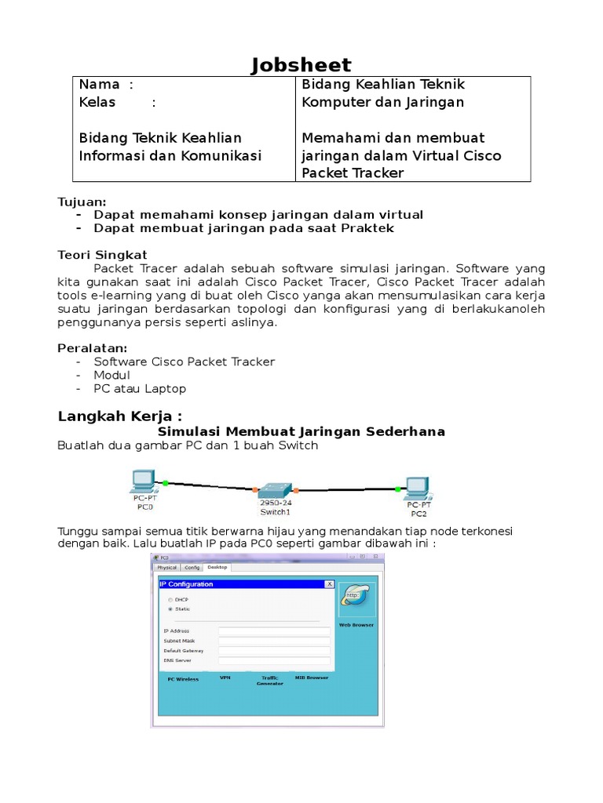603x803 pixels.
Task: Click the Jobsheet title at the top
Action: coord(301,64)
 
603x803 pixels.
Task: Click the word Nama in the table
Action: coord(100,85)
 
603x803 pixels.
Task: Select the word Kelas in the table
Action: coord(97,103)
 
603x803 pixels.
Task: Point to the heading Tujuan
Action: coord(82,202)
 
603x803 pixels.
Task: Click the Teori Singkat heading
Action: coord(102,255)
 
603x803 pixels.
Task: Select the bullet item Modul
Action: coord(111,376)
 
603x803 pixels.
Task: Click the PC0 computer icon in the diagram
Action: coord(143,480)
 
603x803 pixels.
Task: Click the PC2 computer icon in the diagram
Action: coord(415,488)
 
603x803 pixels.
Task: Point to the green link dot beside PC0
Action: coord(165,482)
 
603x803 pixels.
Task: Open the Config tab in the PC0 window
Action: coord(192,566)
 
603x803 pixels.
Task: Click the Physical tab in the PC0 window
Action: coord(167,566)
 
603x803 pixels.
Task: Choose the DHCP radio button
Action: coord(170,599)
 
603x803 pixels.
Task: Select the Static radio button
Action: coord(170,609)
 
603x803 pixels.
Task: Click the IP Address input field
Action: coord(273,630)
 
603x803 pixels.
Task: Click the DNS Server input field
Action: coord(273,660)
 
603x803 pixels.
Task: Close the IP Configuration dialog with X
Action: coord(329,584)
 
